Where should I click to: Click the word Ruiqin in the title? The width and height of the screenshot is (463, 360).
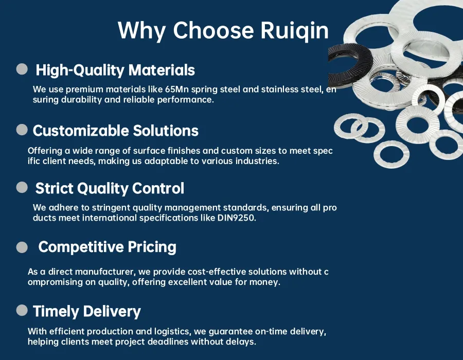(x=294, y=30)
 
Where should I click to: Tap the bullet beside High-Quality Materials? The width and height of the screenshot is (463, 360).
(x=22, y=69)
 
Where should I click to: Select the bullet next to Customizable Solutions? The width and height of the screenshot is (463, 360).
(x=22, y=130)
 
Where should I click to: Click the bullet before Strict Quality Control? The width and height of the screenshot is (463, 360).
(x=22, y=187)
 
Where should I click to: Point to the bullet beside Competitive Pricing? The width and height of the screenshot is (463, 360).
(x=22, y=247)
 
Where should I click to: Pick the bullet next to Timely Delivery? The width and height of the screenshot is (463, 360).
(x=22, y=310)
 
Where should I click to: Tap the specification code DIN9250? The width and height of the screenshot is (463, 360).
(x=236, y=218)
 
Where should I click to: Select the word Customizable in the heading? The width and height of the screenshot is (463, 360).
(x=81, y=131)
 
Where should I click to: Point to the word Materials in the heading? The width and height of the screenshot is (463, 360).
(x=162, y=70)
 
